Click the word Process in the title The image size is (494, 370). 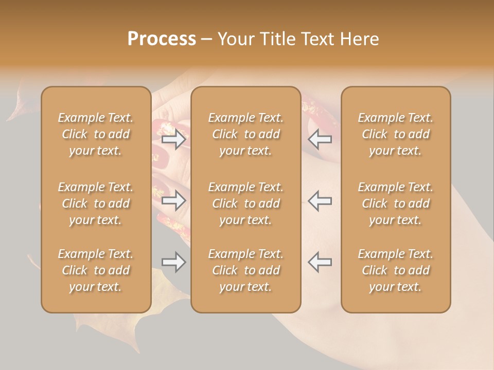[x=162, y=39]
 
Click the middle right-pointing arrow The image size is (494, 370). [x=174, y=200]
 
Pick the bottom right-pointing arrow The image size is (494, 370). [x=174, y=262]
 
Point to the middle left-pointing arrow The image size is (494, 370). [x=320, y=200]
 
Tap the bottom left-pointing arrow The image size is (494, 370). [x=320, y=262]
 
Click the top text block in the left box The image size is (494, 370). [x=96, y=134]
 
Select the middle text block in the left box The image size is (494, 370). [x=96, y=203]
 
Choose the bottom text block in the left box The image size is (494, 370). [x=96, y=270]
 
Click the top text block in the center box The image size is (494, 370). [x=246, y=134]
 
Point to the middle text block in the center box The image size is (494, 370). [x=246, y=203]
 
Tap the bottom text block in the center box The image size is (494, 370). [x=246, y=270]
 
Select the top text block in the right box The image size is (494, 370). [x=396, y=134]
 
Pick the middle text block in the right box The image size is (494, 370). [x=396, y=203]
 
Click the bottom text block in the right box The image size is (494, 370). [x=396, y=270]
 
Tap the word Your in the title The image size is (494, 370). [x=235, y=39]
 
